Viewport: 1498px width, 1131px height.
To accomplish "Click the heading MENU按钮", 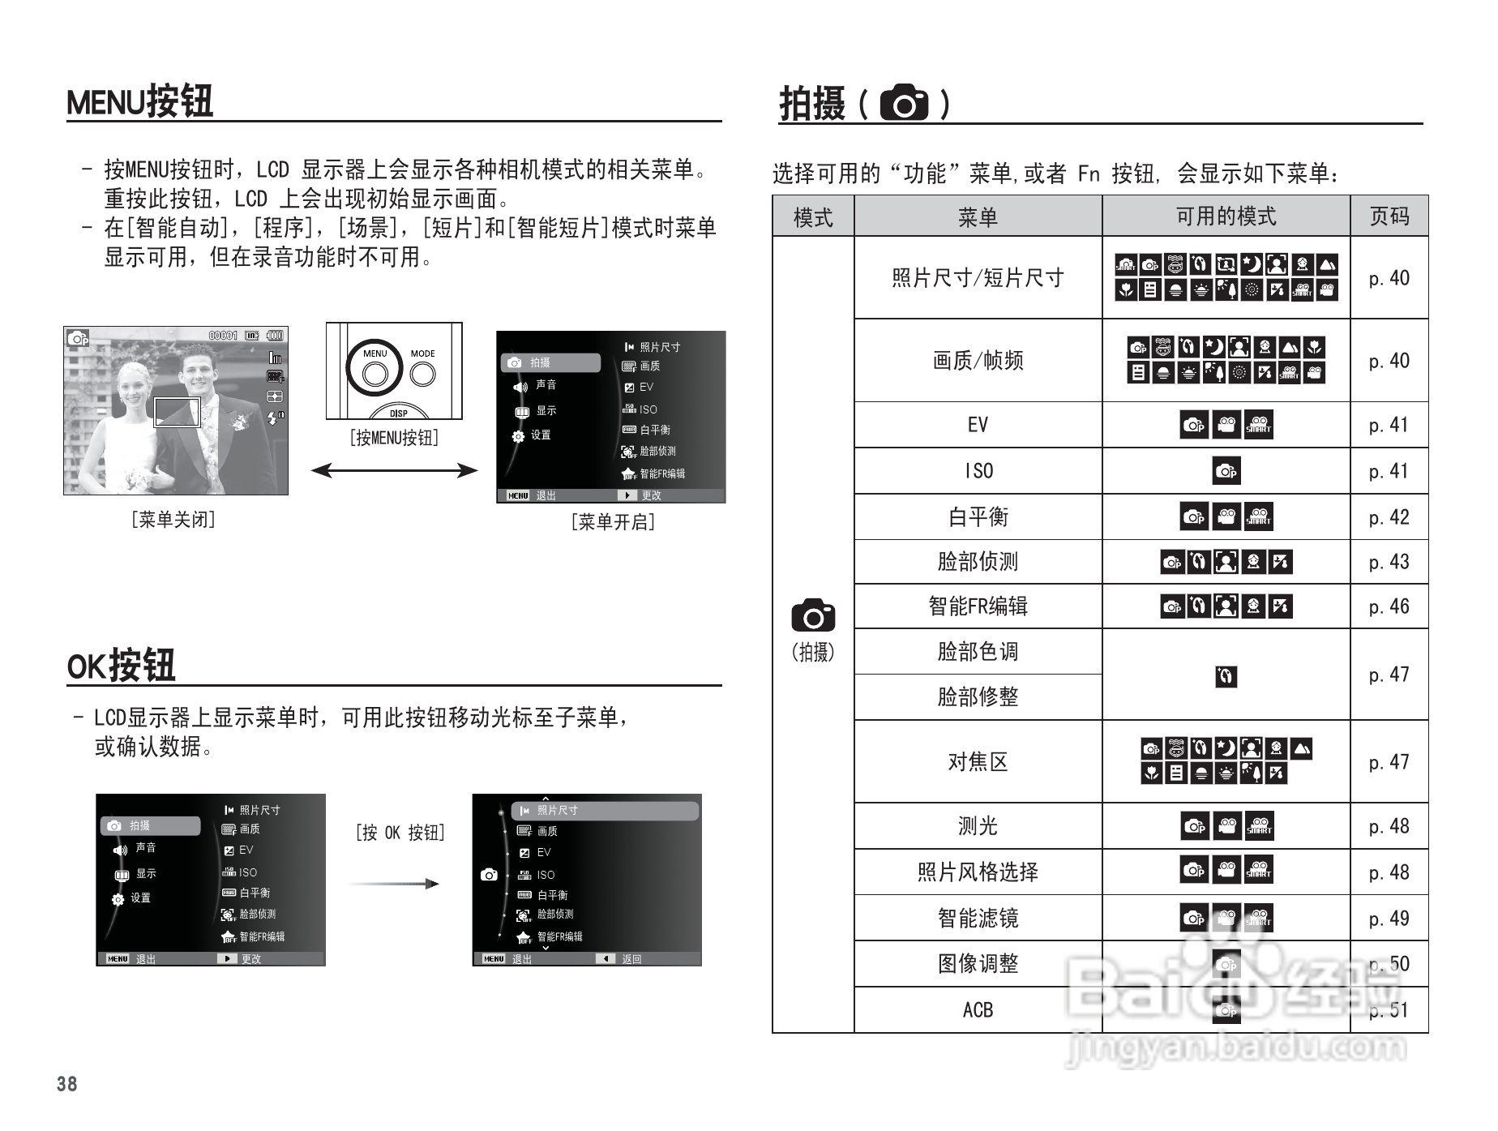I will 139,101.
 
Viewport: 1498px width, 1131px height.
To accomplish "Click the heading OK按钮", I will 122,665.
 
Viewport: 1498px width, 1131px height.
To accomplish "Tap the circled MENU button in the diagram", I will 374,372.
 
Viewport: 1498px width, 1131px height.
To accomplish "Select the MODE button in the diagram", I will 422,373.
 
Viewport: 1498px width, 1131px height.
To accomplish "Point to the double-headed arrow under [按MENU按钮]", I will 394,470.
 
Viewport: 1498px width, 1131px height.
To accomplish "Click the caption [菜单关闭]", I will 173,519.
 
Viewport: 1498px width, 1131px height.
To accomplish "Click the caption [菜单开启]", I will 613,521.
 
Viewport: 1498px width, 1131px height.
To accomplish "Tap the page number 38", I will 67,1083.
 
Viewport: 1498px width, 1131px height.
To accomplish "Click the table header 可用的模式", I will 1225,216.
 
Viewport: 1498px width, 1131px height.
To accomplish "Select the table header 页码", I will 1389,216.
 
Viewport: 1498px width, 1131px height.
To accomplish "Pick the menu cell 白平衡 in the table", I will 978,516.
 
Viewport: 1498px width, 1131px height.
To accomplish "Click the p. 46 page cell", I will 1389,606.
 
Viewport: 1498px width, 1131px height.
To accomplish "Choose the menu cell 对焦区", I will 978,761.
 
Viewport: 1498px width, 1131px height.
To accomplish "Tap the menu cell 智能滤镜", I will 978,918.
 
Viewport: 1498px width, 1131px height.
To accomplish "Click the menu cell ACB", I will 978,1009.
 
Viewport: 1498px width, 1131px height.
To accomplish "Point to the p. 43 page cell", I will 1389,562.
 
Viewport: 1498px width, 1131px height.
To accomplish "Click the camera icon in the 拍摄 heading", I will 903,103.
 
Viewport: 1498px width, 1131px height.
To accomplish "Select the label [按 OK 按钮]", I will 400,833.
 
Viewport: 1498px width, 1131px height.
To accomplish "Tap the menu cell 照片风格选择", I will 978,872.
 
